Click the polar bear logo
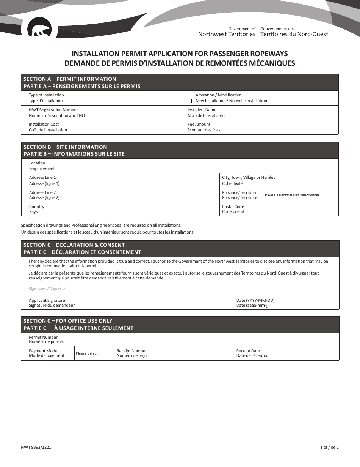39,30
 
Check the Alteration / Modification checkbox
190,95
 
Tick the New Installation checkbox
190,101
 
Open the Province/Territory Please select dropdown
292,195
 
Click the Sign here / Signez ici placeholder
47,289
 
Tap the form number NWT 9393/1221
36,447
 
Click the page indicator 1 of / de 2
329,447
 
